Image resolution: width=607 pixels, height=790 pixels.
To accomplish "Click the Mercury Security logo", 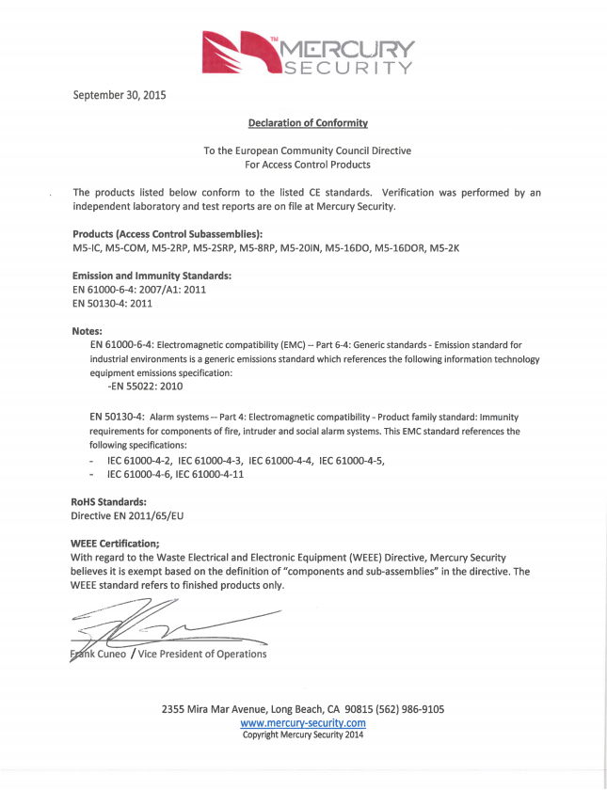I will pos(307,53).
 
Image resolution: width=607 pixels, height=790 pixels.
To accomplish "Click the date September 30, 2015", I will pos(120,95).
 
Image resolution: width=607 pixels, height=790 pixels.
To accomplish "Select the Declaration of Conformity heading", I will pos(308,123).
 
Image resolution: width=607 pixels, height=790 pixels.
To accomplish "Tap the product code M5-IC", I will pos(88,248).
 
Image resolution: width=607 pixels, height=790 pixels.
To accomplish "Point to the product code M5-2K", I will pos(445,248).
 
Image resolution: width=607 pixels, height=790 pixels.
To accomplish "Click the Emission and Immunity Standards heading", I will pos(152,276).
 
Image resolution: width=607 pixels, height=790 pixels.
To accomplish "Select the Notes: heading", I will pos(88,331).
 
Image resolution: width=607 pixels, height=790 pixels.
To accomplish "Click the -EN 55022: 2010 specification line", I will pos(146,386).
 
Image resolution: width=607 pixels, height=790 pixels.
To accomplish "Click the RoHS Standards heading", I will pos(109,502).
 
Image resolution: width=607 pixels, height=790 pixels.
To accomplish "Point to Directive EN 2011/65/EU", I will pos(127,516).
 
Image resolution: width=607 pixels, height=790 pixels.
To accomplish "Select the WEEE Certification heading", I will pos(116,543).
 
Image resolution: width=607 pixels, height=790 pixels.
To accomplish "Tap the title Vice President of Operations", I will pos(202,654).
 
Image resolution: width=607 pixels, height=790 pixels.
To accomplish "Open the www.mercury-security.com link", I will pos(303,722).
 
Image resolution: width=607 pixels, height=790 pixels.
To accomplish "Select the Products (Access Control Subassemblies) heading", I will pos(168,233).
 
